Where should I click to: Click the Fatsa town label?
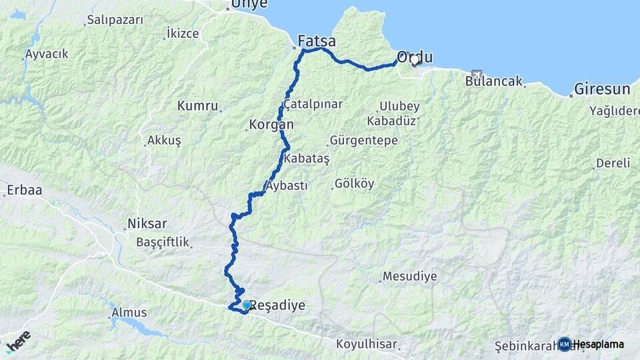click(317, 41)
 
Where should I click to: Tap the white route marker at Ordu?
click(415, 60)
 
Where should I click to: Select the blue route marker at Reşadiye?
click(247, 305)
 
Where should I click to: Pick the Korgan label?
click(271, 124)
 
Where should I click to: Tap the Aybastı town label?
click(287, 186)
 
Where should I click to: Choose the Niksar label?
click(146, 224)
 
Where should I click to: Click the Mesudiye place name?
click(409, 276)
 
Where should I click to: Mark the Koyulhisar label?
click(366, 344)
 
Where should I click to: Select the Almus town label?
click(129, 312)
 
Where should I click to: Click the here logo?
click(18, 341)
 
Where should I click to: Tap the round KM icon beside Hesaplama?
click(564, 344)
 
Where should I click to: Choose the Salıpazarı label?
click(115, 20)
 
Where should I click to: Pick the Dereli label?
click(613, 163)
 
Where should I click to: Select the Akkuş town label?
click(164, 141)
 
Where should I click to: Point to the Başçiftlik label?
click(163, 242)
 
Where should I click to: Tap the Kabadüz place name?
click(391, 121)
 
